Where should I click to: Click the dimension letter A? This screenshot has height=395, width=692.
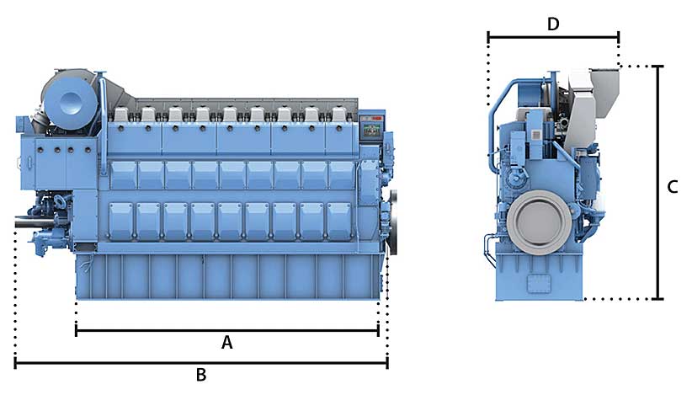[226, 342]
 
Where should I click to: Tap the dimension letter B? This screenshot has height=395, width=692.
[201, 375]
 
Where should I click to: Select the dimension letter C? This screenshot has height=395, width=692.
[672, 187]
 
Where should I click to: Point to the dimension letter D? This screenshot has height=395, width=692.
[553, 24]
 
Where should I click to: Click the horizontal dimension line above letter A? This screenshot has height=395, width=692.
[226, 330]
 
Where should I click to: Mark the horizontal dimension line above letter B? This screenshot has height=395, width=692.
[201, 363]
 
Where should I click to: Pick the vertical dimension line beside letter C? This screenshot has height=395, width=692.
[658, 182]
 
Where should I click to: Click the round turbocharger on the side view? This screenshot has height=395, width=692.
[71, 101]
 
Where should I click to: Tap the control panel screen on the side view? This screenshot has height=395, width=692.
[370, 129]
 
